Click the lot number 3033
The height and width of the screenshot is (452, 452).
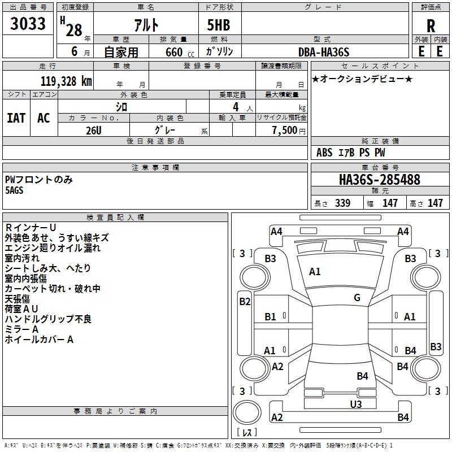tap(28, 25)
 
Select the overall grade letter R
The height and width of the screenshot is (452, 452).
tap(431, 25)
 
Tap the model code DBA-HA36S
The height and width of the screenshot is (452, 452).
tap(324, 51)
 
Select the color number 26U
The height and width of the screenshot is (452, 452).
tap(93, 129)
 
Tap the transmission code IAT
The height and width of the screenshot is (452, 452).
tap(16, 118)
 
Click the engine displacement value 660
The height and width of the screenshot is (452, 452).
tap(174, 52)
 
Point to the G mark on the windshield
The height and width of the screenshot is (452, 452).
tap(357, 298)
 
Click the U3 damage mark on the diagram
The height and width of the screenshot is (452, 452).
tap(355, 404)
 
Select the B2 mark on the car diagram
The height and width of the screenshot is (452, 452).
tap(244, 302)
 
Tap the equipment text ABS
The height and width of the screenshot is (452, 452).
tap(324, 153)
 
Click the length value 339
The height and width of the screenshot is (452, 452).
tap(342, 203)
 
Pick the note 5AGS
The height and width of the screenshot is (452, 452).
tap(15, 190)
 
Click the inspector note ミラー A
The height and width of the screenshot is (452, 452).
tap(21, 329)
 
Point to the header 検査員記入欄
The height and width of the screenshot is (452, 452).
tap(115, 218)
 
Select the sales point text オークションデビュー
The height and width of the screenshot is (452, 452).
tap(362, 79)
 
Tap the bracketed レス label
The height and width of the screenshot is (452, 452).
tap(248, 433)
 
